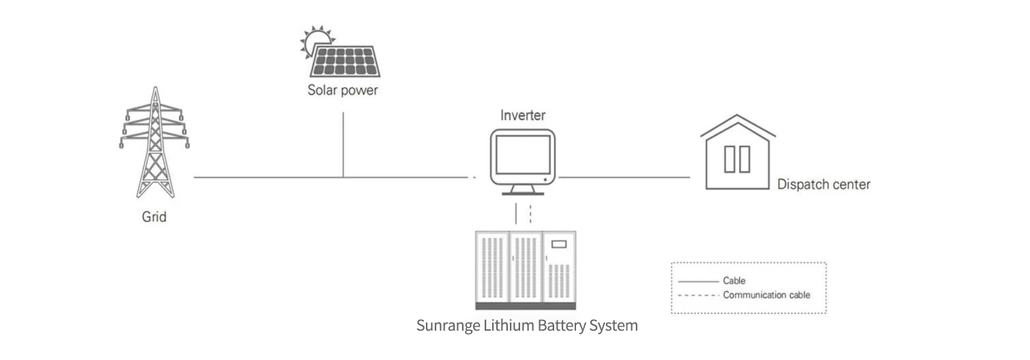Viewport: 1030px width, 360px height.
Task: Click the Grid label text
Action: tap(154, 217)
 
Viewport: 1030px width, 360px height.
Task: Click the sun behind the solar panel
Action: tap(314, 40)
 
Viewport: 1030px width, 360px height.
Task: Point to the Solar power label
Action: tap(342, 90)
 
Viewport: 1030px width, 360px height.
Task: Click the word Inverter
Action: tap(523, 115)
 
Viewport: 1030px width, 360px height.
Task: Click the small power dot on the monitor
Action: tap(546, 179)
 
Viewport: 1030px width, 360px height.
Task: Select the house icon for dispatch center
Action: tap(738, 153)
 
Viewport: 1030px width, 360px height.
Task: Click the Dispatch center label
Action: tap(823, 184)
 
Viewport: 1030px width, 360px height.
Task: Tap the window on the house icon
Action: tap(737, 159)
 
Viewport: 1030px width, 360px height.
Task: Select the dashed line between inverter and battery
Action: tap(530, 213)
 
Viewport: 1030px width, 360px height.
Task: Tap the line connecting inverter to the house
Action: tap(624, 177)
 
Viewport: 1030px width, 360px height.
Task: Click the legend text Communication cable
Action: tap(766, 295)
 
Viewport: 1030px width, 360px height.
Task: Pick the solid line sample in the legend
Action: tap(698, 281)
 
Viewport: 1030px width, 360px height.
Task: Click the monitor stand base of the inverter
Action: tap(524, 193)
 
